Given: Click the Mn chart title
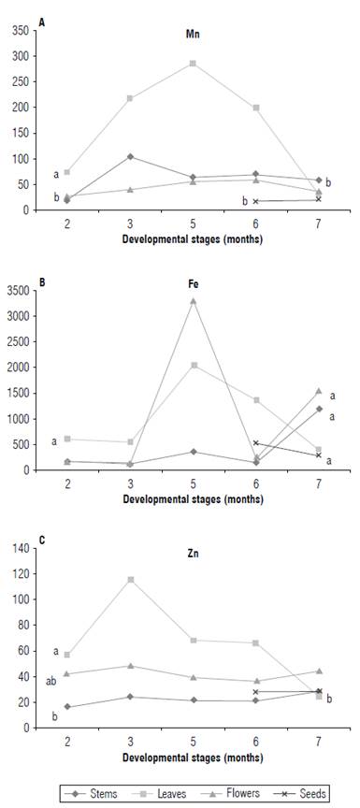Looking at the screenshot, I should (x=193, y=34).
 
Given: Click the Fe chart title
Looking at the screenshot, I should (x=193, y=295).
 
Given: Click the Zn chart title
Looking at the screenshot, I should (x=193, y=553).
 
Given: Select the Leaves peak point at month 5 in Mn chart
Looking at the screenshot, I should (x=193, y=64).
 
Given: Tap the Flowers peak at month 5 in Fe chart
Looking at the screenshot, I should (x=193, y=301).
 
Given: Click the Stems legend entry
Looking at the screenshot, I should (x=102, y=793).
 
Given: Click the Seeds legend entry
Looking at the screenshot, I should (x=307, y=793).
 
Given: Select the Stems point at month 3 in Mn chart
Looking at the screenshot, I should (x=130, y=157).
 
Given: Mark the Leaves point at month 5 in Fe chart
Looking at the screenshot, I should (x=193, y=365).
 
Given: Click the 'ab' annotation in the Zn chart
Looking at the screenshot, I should (x=51, y=681).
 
